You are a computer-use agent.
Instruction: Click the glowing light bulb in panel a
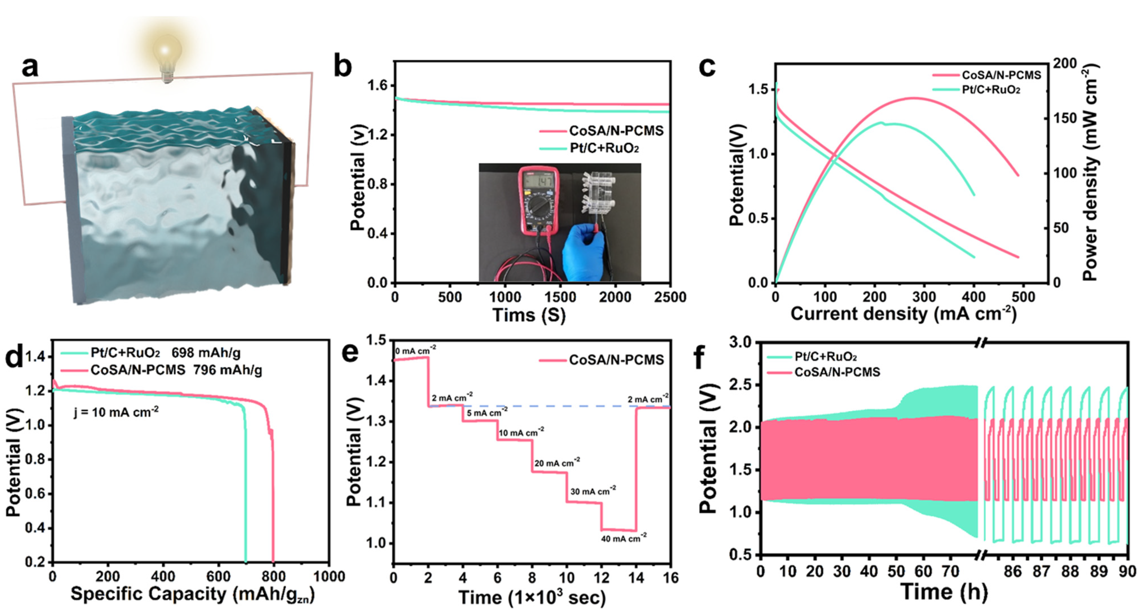(167, 56)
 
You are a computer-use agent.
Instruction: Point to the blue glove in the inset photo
(583, 254)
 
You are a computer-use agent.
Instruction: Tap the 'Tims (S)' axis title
(529, 315)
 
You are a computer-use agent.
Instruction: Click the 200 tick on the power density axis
(1065, 64)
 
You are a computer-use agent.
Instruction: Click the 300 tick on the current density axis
(924, 297)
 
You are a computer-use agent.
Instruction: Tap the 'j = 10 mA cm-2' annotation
(116, 412)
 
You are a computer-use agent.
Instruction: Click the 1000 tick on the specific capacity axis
(329, 577)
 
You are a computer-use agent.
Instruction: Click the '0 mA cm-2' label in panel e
(415, 351)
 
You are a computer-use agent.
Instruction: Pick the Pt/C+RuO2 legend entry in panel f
(826, 357)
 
